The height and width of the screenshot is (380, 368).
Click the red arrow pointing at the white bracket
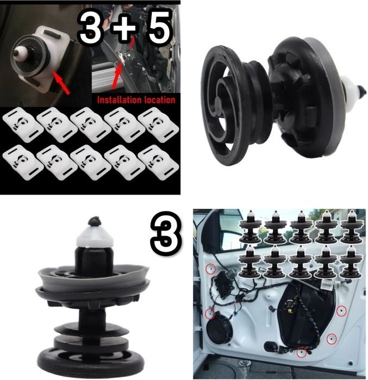point(61,82)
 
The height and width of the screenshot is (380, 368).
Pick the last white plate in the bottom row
point(158,163)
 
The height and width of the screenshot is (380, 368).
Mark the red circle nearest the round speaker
point(210,314)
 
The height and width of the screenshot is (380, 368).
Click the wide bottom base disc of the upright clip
point(91,362)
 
